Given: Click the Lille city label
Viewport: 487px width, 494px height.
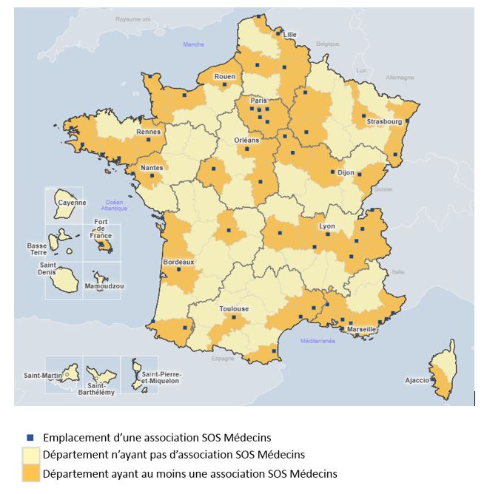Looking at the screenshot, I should coord(289,35).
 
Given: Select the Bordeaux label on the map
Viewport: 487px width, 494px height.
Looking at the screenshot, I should coord(178,262).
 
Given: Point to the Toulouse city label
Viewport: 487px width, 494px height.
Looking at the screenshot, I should coord(234,309).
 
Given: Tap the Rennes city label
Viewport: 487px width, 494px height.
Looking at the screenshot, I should coord(149,132).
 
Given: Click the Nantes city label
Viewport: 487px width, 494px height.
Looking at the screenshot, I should coord(152,168).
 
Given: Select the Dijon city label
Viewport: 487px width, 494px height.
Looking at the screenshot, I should coord(346,172).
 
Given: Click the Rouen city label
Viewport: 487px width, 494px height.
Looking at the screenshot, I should coord(224,77).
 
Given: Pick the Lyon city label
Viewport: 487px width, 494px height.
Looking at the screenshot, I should coord(326,226).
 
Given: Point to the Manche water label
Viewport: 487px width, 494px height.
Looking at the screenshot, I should coord(193,45).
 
